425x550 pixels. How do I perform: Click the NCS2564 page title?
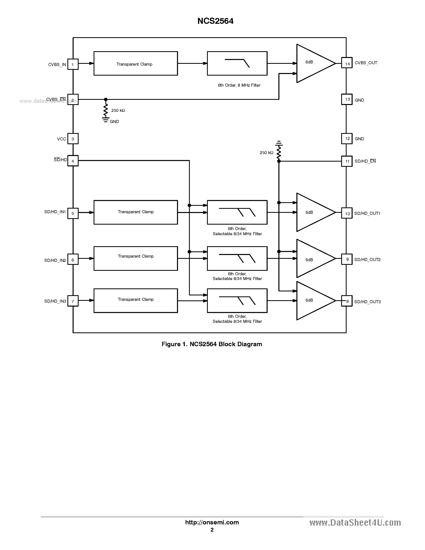(215, 21)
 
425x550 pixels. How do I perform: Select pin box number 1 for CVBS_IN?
(73, 64)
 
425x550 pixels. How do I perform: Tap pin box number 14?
(347, 63)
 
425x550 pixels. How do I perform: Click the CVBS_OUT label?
(366, 63)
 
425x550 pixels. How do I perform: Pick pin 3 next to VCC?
(73, 139)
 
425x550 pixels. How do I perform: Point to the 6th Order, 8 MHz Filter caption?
(239, 85)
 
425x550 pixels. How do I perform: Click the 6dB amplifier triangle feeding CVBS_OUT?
(312, 63)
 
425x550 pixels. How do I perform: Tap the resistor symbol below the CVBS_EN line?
(106, 110)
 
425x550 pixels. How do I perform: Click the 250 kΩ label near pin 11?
(266, 153)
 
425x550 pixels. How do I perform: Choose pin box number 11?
(347, 161)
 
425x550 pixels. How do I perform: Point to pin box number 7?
(73, 301)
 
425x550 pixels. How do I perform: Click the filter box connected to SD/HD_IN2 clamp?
(237, 258)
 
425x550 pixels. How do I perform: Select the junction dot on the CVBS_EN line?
(106, 99)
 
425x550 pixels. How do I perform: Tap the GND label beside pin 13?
(359, 100)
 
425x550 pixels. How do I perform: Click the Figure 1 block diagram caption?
(212, 344)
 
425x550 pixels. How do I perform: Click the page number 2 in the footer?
(212, 530)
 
